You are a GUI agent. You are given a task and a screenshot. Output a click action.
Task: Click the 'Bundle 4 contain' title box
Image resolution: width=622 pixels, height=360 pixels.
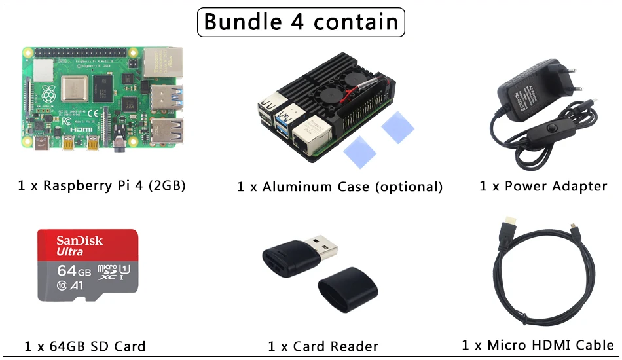click(x=301, y=22)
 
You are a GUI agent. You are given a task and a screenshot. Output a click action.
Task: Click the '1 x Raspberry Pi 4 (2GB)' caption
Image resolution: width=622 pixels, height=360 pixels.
click(x=102, y=185)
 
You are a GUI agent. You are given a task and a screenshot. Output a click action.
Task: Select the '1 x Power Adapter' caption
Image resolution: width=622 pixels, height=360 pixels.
click(x=543, y=186)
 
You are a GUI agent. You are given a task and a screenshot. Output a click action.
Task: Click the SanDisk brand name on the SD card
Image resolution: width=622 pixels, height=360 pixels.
click(x=79, y=240)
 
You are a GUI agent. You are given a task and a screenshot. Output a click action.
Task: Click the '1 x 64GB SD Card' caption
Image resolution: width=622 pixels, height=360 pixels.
click(x=85, y=346)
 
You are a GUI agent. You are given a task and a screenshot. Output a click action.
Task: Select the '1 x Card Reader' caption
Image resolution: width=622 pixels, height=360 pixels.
click(x=323, y=346)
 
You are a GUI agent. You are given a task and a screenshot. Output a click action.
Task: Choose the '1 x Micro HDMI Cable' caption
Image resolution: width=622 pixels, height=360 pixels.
click(x=538, y=345)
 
